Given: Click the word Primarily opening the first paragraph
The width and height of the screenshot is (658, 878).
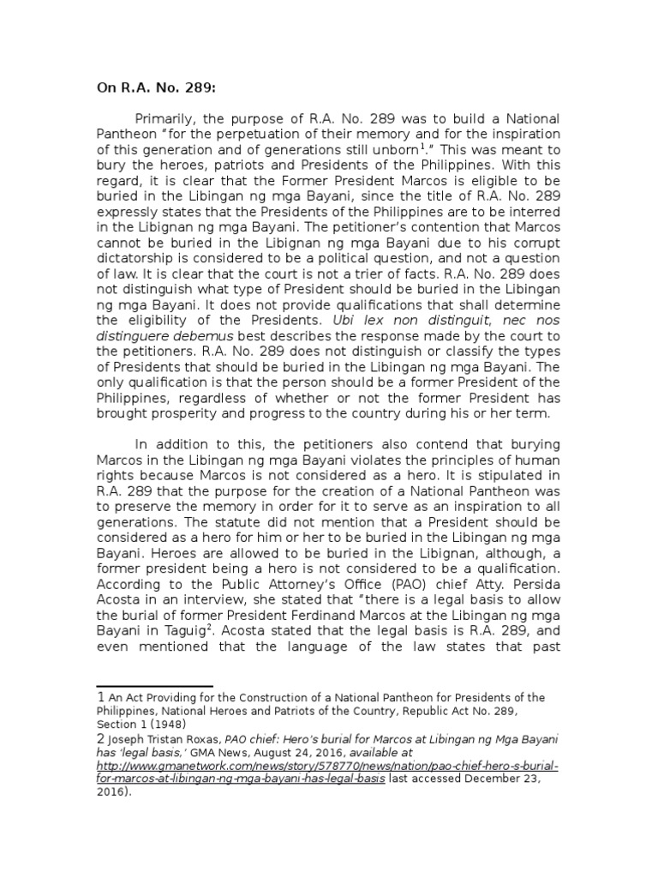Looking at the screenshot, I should click(x=169, y=118).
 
